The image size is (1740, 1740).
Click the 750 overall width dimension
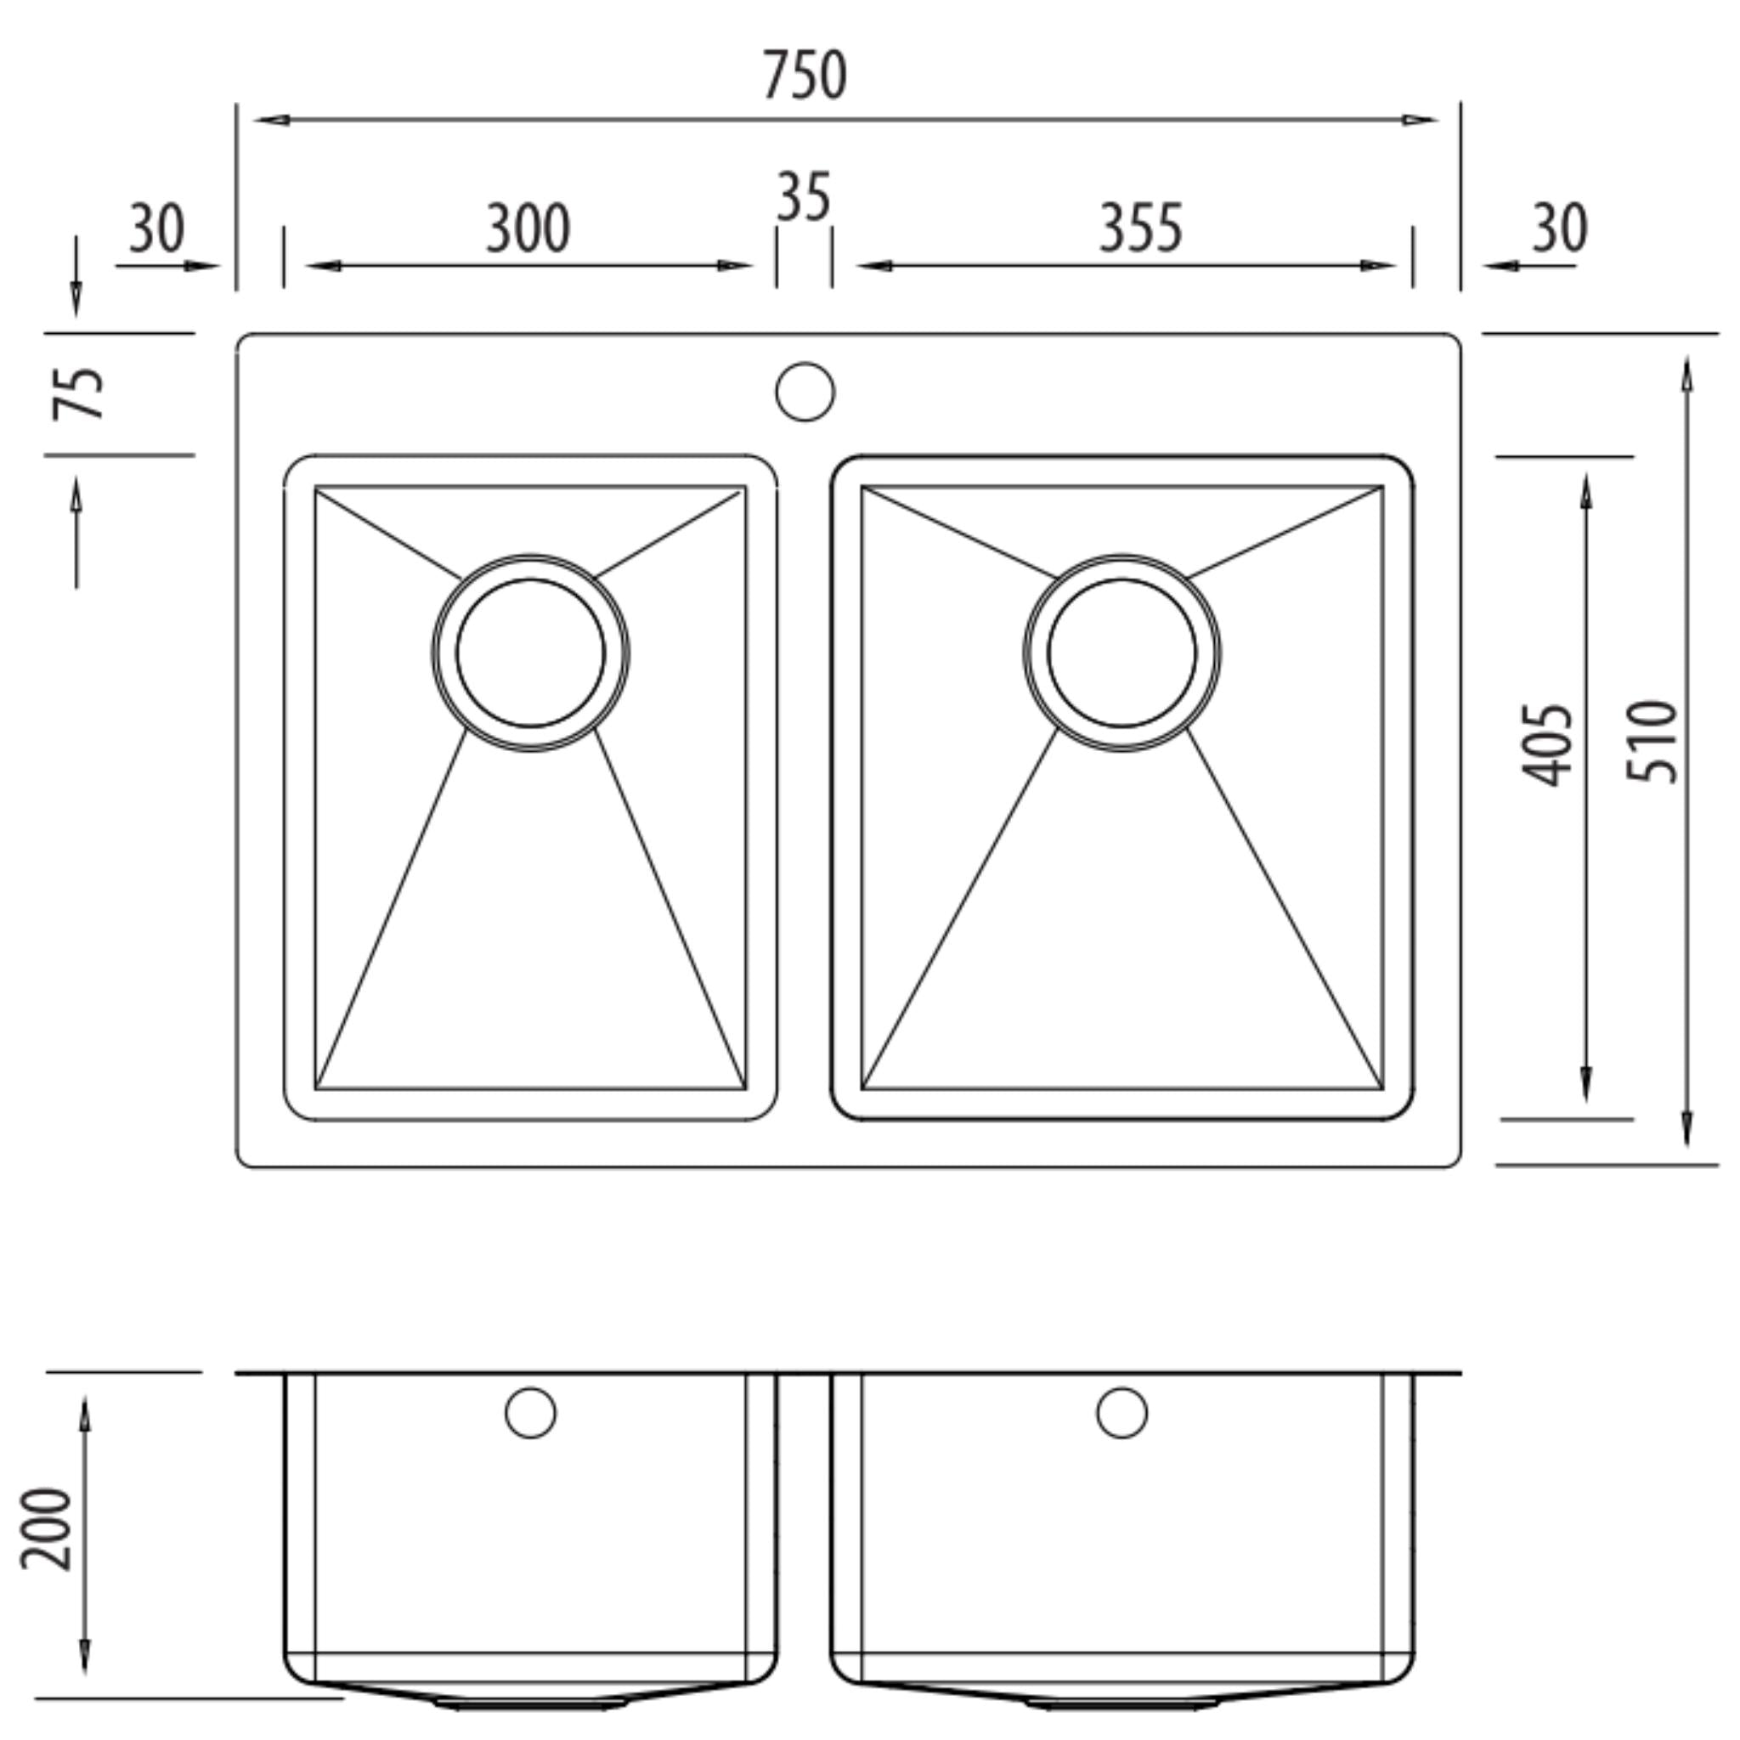[x=805, y=76]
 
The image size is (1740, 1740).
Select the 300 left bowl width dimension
[x=528, y=229]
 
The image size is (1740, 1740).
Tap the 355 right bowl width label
[x=1139, y=229]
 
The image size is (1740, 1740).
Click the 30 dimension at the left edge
[x=156, y=229]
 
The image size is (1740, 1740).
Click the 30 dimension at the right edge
[x=1559, y=229]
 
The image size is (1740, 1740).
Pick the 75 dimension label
[x=77, y=393]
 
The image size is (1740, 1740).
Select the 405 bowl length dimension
[x=1545, y=745]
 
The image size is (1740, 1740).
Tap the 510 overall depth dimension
[x=1652, y=741]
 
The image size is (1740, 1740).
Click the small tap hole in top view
[x=805, y=392]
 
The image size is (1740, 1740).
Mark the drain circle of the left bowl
[x=530, y=653]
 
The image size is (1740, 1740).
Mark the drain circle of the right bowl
[x=1121, y=653]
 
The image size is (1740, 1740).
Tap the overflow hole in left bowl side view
[x=530, y=1413]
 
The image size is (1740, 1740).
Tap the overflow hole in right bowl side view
[x=1121, y=1413]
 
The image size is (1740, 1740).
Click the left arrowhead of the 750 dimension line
[x=270, y=120]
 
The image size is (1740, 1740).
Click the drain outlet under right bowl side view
[x=1121, y=1703]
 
